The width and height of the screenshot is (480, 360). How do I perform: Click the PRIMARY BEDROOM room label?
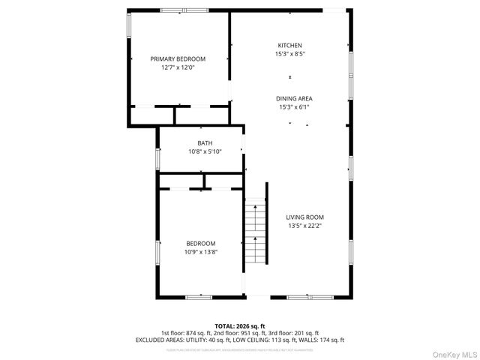coord(178,58)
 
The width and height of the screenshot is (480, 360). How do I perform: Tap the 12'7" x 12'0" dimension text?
coord(178,67)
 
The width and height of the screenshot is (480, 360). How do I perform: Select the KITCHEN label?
coord(289,45)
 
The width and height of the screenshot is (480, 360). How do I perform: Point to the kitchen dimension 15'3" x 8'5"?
coord(289,54)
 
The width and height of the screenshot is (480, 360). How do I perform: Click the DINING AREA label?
coord(294,98)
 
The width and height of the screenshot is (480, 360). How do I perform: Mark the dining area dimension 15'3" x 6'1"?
coord(294,107)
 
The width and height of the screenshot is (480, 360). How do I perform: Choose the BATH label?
coord(205,142)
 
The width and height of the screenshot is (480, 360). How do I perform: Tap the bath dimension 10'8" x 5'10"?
coord(205,151)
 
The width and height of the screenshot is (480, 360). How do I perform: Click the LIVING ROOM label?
coord(304,217)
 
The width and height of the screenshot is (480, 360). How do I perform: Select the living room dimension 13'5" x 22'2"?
coord(304,226)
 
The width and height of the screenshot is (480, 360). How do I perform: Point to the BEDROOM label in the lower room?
coord(201,243)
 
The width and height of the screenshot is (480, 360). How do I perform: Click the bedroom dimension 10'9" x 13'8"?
coord(201,252)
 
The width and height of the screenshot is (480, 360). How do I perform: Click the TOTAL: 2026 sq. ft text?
coord(239,326)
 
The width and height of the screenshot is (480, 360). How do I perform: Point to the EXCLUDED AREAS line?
coord(239,340)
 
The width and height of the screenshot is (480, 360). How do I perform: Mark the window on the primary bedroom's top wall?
coord(184,10)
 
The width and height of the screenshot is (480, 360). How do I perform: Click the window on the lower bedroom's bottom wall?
coord(199,297)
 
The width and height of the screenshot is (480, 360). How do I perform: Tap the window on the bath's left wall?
coord(158,158)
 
